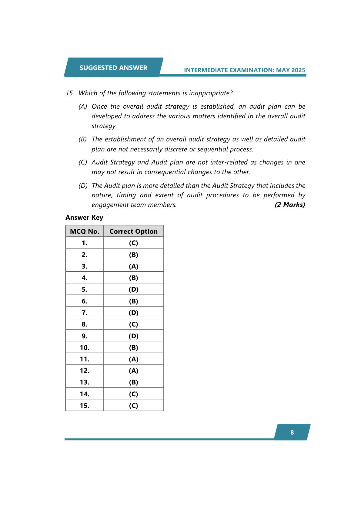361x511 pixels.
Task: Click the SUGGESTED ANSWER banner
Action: [113, 68]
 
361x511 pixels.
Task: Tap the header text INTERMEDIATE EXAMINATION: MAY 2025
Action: [244, 70]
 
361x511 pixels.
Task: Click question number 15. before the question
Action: [70, 93]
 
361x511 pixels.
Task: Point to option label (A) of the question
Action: [83, 107]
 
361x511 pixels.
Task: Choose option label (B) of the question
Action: [83, 139]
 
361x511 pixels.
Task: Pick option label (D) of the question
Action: [83, 185]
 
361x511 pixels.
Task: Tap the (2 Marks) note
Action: [290, 205]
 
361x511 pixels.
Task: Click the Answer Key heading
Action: [84, 218]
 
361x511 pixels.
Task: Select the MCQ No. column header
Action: [85, 231]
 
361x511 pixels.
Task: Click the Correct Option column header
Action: [133, 231]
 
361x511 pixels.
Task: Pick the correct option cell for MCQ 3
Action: [133, 266]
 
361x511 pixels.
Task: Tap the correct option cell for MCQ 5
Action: [133, 289]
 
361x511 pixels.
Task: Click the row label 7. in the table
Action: [85, 313]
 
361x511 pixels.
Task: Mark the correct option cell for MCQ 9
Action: [133, 336]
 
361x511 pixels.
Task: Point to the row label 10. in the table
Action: [85, 347]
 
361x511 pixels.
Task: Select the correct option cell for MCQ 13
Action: [133, 382]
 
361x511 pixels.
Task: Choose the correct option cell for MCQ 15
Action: [133, 405]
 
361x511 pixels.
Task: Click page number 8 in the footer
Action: [292, 432]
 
